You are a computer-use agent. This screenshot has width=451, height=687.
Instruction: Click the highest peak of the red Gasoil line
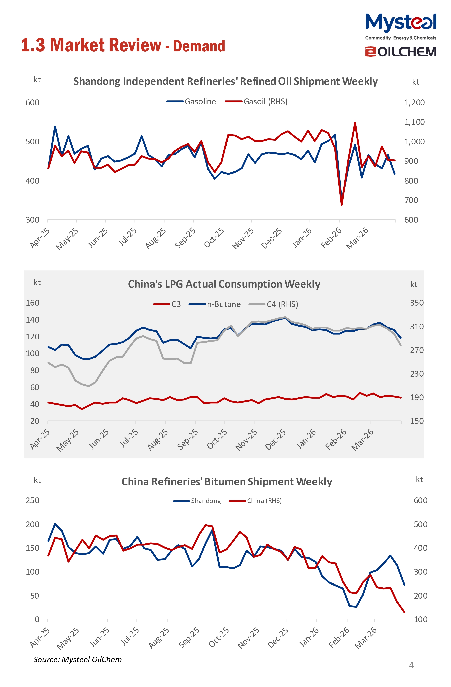(x=355, y=123)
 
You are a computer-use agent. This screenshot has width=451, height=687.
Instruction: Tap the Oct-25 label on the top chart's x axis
(x=214, y=237)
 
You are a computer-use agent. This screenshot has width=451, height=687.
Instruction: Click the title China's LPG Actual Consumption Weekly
(x=224, y=284)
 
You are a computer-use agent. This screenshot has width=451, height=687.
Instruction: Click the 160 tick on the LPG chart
(x=33, y=303)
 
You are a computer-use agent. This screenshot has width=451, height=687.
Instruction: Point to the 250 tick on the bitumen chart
(x=33, y=500)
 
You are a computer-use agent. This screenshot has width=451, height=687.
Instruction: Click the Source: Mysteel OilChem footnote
(x=78, y=660)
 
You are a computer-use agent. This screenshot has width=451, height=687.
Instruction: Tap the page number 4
(x=411, y=665)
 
